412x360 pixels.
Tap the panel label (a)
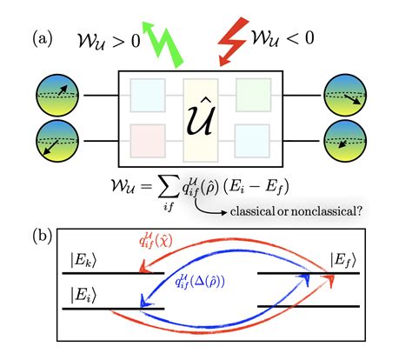click(47, 39)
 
